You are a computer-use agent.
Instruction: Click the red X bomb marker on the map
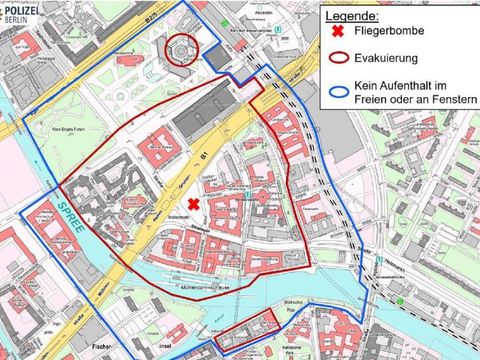(x=194, y=203)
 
